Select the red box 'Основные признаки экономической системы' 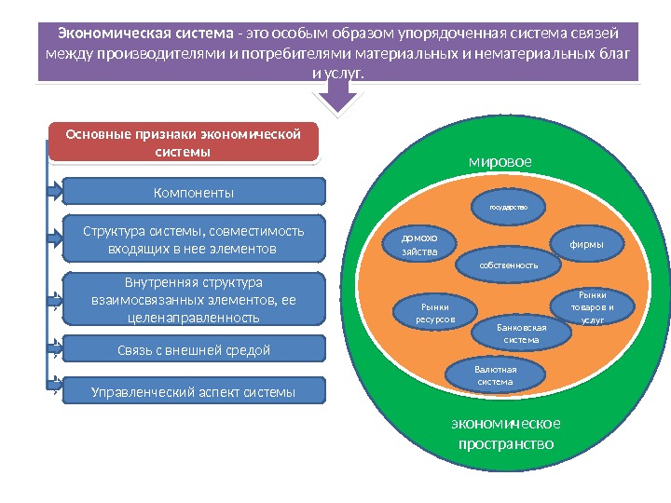click(x=184, y=142)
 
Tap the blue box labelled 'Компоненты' click(x=194, y=192)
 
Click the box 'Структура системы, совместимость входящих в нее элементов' click(x=194, y=238)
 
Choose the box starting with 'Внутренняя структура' click(x=194, y=299)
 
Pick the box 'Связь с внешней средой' click(x=194, y=349)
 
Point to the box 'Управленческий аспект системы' click(x=194, y=391)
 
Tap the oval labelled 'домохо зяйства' click(x=413, y=244)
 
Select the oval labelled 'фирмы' click(x=587, y=244)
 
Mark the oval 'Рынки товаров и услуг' click(x=592, y=306)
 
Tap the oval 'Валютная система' click(x=495, y=374)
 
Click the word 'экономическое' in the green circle click(x=506, y=424)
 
